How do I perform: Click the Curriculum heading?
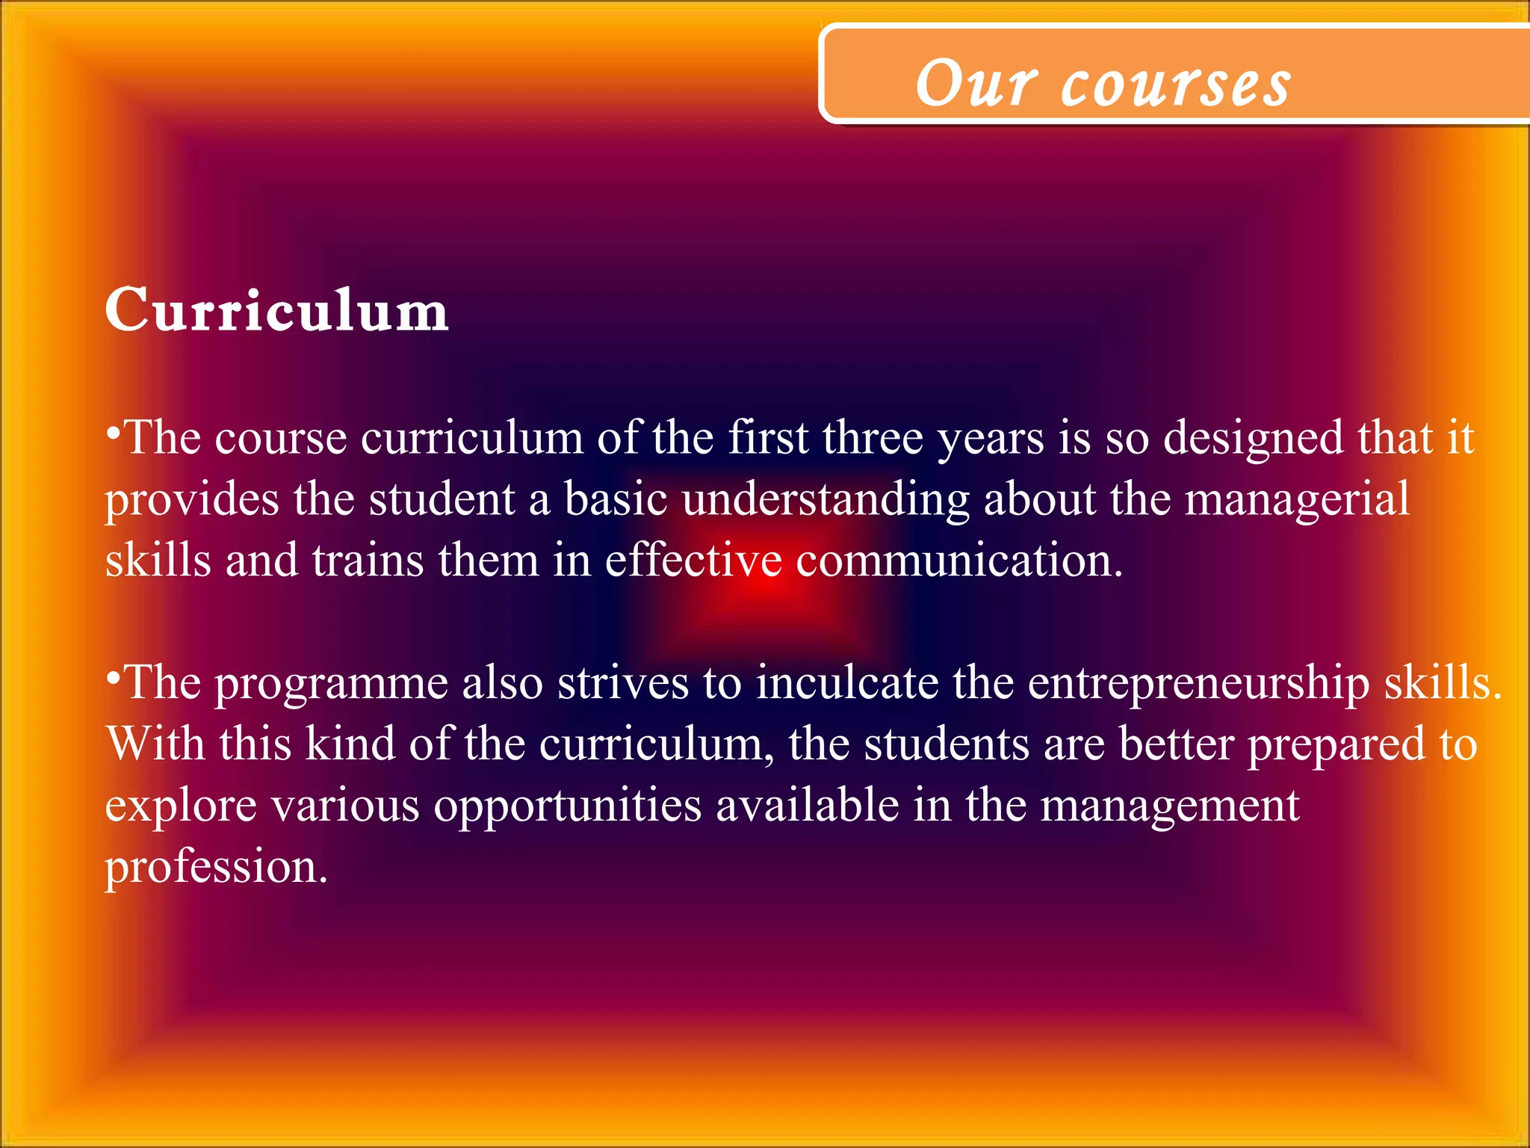276,311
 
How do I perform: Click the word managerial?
1298,499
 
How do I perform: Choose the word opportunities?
568,807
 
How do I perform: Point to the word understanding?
826,501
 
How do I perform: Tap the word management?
1170,807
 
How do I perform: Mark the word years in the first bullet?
991,439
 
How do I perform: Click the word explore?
180,807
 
